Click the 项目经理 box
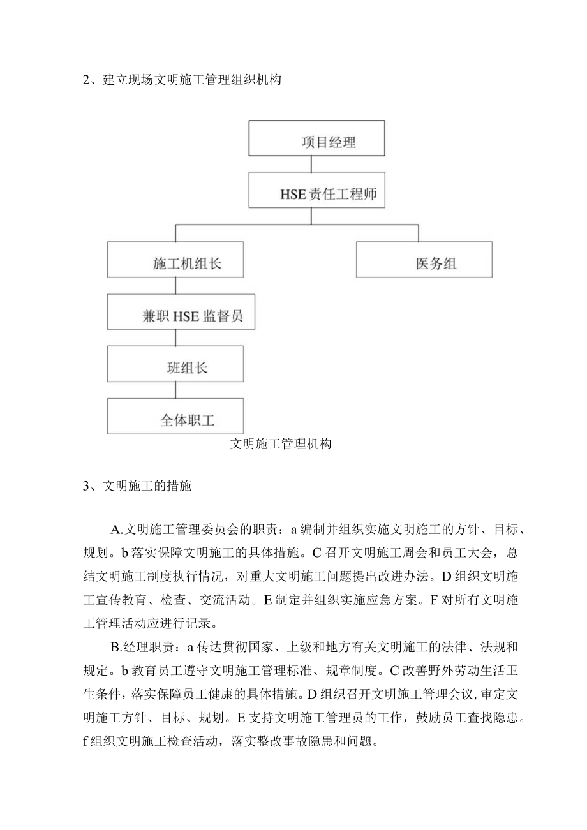[316, 138]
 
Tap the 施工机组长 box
[175, 259]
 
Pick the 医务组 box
[424, 259]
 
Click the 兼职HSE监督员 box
[181, 312]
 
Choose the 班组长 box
[175, 364]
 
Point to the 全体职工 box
[175, 416]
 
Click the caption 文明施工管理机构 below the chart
[281, 445]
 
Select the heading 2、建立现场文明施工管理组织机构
[182, 80]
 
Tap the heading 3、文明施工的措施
[137, 487]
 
